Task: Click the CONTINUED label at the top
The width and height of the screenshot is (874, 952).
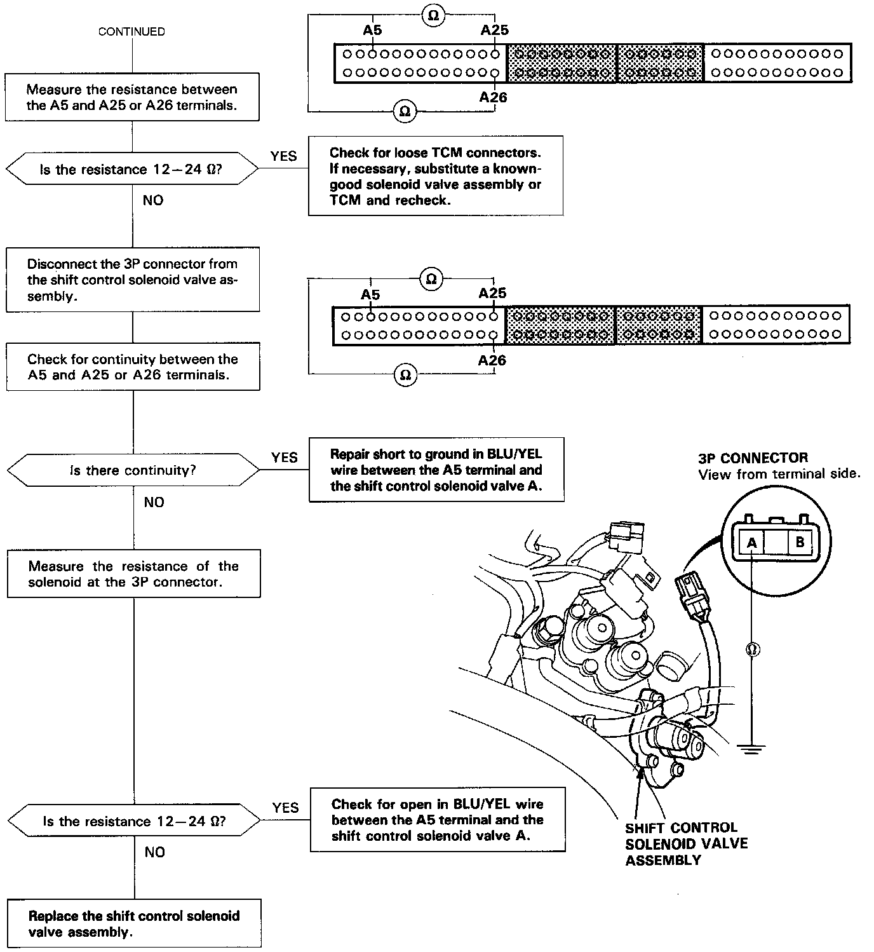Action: [x=131, y=32]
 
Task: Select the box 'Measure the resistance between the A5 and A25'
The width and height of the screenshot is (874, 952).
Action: [x=132, y=97]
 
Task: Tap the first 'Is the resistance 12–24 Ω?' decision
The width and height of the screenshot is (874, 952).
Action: [x=132, y=169]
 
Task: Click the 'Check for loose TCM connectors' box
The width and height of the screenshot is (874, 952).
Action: [x=436, y=176]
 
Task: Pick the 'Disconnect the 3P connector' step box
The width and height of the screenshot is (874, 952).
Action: [x=133, y=280]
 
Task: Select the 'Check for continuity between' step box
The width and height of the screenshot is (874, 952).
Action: [x=133, y=367]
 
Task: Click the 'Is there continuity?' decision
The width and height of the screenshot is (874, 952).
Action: [x=133, y=470]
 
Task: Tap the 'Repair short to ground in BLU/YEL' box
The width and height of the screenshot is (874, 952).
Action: [x=436, y=470]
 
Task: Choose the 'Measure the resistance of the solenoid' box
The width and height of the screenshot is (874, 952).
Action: [x=133, y=574]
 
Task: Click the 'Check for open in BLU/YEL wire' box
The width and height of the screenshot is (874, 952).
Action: [x=438, y=820]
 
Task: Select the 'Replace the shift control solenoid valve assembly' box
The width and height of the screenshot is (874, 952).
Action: [x=134, y=923]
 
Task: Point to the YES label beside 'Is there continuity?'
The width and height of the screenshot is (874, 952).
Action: [x=284, y=458]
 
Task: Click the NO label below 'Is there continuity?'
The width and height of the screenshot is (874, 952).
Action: [x=154, y=502]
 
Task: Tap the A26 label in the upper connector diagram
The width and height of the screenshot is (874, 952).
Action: [x=494, y=97]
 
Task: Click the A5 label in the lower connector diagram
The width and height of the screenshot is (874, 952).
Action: [x=370, y=295]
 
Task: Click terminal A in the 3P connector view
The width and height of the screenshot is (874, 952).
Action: [x=752, y=543]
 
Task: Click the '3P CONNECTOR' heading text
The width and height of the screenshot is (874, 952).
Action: [x=753, y=458]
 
